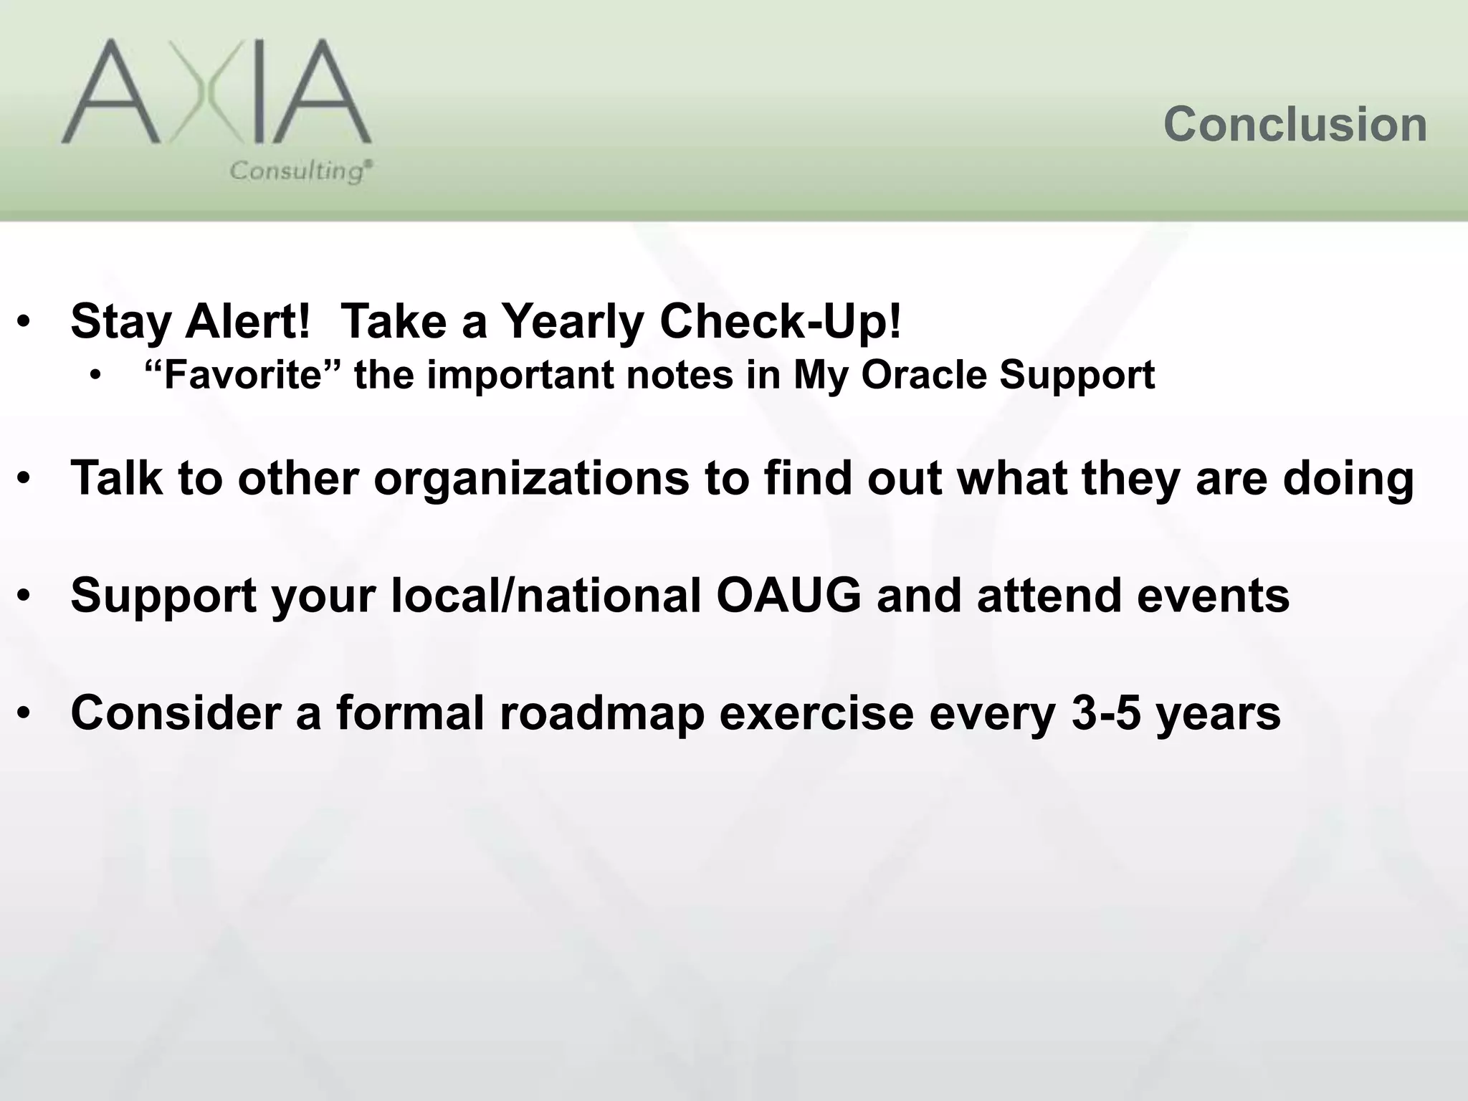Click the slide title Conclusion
point(1295,125)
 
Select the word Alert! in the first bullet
point(247,321)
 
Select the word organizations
point(531,478)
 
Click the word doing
point(1348,480)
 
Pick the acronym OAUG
point(788,596)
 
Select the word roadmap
point(601,713)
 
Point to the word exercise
point(816,713)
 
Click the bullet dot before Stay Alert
point(25,323)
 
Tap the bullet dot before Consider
point(25,715)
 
